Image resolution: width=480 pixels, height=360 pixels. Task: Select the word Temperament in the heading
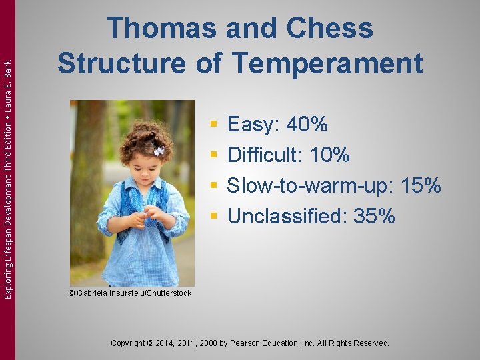tap(327, 63)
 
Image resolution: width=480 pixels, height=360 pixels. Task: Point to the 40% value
tap(307, 124)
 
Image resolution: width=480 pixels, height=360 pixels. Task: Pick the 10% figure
tap(329, 155)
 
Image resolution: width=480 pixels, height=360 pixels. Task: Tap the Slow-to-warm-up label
tap(308, 185)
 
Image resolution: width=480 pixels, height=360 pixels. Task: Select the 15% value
tap(420, 185)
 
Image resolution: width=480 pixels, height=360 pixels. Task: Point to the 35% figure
tap(375, 216)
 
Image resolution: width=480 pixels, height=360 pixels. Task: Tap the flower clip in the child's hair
tap(159, 151)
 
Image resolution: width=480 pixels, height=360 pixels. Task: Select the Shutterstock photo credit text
tap(130, 293)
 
